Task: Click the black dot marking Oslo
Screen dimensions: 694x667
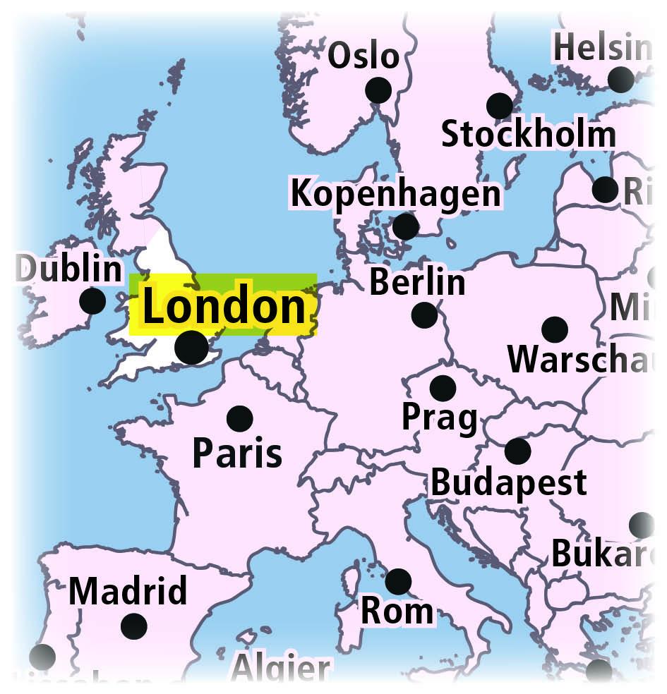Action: point(378,90)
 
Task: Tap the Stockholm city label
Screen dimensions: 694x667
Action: point(528,134)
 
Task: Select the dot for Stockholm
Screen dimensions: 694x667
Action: point(500,106)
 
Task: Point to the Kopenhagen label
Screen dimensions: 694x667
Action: point(395,193)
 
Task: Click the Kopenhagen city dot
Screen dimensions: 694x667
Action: point(405,226)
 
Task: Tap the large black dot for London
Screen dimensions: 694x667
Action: point(191,347)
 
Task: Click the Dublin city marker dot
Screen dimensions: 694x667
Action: point(92,301)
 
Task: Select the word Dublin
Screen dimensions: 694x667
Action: point(69,269)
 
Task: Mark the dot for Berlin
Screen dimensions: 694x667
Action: point(424,315)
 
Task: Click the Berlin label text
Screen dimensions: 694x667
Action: point(417,282)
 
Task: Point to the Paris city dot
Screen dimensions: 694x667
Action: point(240,419)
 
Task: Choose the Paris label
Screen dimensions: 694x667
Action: point(237,453)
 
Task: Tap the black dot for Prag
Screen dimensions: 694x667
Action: point(443,388)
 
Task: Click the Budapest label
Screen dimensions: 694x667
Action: point(508,483)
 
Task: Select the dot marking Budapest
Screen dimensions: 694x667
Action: point(517,451)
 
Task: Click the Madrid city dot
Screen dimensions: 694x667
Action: point(133,626)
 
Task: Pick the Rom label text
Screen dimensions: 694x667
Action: point(397,611)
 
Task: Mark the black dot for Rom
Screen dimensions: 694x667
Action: point(398,582)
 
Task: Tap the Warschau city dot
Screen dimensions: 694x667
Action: point(555,329)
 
